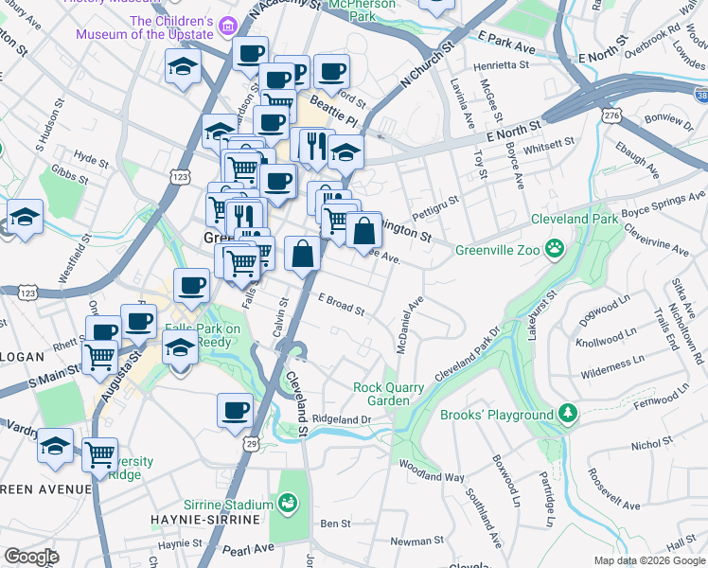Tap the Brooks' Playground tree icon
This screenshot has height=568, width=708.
pos(567,415)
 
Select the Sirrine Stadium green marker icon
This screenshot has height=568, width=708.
pos(287,502)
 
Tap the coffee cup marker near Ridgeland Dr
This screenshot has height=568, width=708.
pos(235,411)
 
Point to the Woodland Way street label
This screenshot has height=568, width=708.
pos(432,471)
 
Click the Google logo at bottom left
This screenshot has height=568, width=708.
pos(31,557)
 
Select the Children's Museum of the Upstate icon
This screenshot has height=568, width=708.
pos(227,24)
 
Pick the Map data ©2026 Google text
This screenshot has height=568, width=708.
pos(648,560)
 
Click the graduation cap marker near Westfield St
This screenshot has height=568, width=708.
pos(25,217)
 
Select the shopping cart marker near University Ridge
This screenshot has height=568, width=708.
pos(99,454)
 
